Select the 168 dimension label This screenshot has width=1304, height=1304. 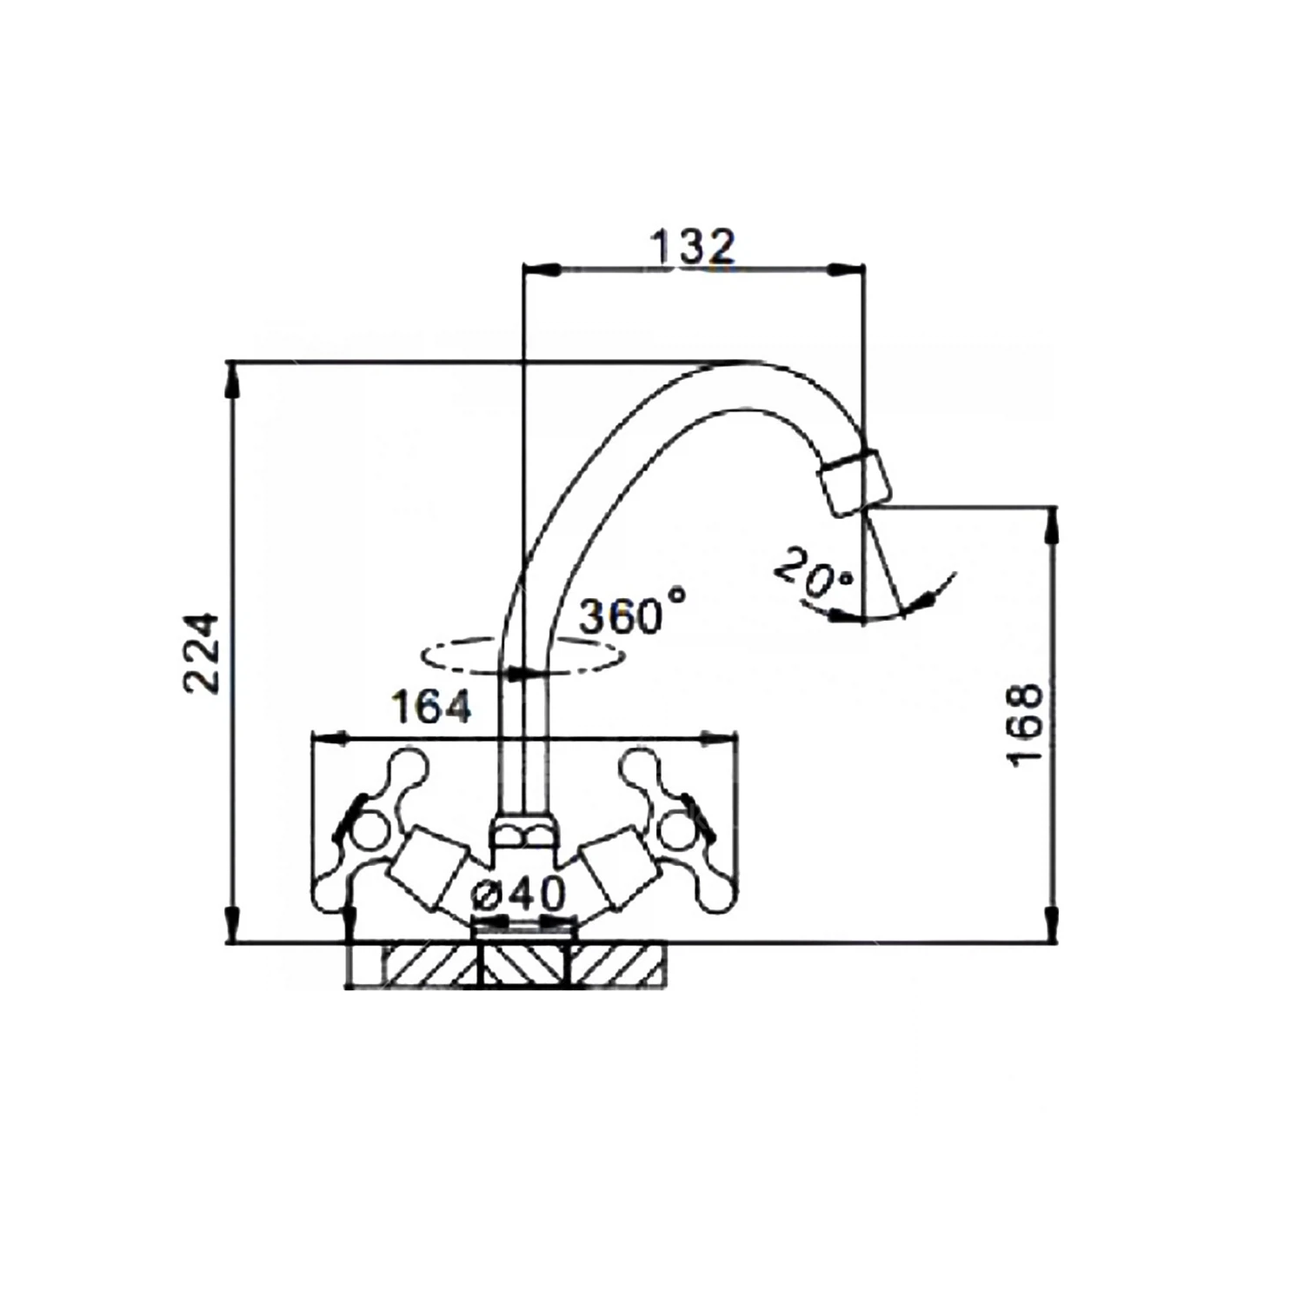(x=1026, y=723)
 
